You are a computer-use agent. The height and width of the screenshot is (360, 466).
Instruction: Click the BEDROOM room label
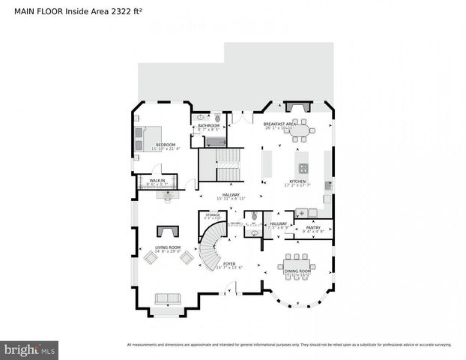[x=166, y=145]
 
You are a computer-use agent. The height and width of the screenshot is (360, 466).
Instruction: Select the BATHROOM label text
[x=208, y=125]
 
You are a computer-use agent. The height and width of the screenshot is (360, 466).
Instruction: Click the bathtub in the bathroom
[x=215, y=141]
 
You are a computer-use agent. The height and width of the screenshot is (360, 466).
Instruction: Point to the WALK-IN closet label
[x=157, y=181]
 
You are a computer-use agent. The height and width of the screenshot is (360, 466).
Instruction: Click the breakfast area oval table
[x=300, y=130]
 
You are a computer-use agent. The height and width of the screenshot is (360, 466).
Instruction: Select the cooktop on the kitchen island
[x=303, y=168]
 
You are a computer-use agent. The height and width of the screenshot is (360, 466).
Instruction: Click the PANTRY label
[x=313, y=228]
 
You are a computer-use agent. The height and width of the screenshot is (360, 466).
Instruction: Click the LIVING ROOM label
[x=168, y=247]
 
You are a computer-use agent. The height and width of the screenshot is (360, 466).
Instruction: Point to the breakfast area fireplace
[x=298, y=107]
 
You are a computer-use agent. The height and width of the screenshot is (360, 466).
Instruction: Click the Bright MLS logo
[x=30, y=349]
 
